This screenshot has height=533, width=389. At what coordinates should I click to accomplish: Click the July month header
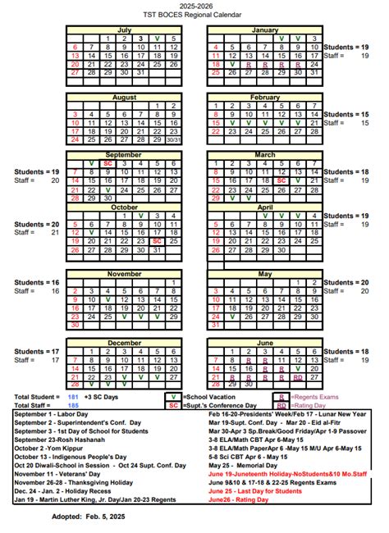point(124,29)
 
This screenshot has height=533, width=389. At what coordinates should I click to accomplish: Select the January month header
point(265,29)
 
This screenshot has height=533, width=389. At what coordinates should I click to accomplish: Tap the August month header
point(124,97)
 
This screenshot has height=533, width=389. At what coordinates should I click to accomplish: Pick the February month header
point(265,97)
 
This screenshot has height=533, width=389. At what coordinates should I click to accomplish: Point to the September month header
point(124,154)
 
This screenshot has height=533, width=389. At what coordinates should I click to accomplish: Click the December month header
point(124,342)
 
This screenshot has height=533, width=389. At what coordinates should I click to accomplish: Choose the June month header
point(265,342)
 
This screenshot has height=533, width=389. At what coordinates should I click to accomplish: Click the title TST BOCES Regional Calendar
point(194,15)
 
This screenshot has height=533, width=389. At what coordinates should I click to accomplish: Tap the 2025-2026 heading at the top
point(194,6)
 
